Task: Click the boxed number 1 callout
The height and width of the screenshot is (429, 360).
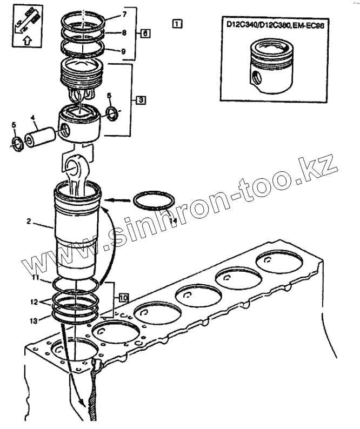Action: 178,23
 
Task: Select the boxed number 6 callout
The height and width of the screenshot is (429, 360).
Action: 144,33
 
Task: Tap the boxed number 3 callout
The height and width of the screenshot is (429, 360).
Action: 139,100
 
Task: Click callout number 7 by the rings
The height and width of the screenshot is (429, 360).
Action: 124,13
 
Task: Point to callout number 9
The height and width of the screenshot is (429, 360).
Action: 124,52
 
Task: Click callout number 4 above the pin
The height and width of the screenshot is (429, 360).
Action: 32,117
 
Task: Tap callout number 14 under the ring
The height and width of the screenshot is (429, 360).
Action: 173,220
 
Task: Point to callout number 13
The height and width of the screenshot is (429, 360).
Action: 34,320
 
